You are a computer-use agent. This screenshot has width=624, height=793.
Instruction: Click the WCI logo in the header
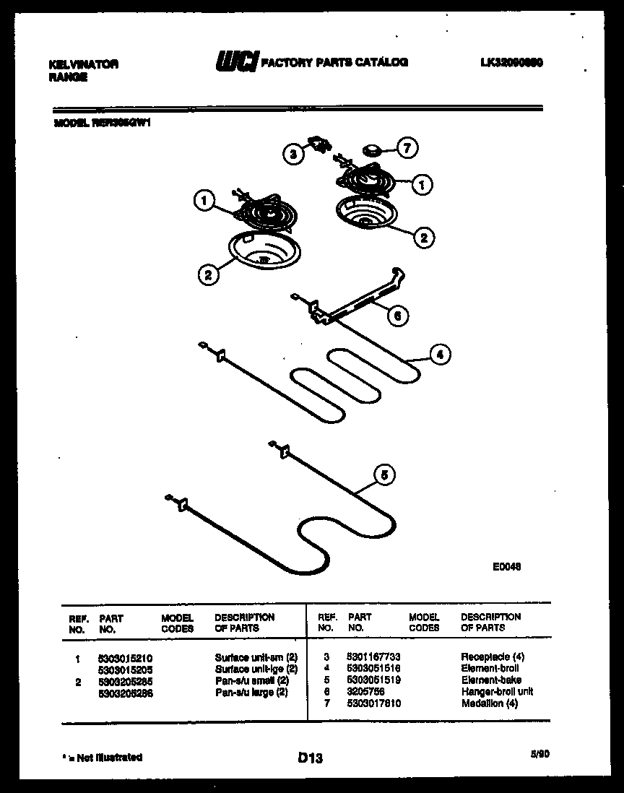(x=235, y=63)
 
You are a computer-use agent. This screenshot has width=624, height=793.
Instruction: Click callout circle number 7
(x=407, y=149)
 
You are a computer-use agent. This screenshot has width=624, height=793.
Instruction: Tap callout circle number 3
(x=292, y=153)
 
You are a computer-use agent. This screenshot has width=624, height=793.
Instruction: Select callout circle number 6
(x=396, y=315)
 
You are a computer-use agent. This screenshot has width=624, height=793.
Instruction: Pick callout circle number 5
(x=384, y=475)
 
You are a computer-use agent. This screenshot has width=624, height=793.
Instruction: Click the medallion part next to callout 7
(x=373, y=150)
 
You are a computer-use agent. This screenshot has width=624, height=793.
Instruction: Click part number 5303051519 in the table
(x=373, y=680)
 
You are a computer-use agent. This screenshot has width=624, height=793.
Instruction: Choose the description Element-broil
(x=490, y=669)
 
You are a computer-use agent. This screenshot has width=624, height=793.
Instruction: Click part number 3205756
(x=365, y=692)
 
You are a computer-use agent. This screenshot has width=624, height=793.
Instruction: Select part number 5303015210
(x=125, y=658)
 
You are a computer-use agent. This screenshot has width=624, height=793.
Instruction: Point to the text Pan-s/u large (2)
(x=251, y=693)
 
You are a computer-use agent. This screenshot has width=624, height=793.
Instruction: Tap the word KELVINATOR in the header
(x=83, y=64)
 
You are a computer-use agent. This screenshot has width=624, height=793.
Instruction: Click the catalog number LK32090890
(x=511, y=63)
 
